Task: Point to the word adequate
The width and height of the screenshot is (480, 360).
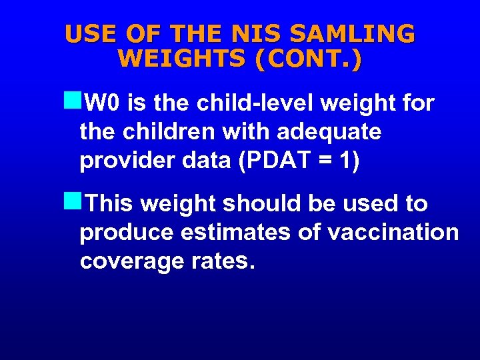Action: point(329,132)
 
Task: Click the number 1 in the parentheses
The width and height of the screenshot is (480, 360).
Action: point(343,161)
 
